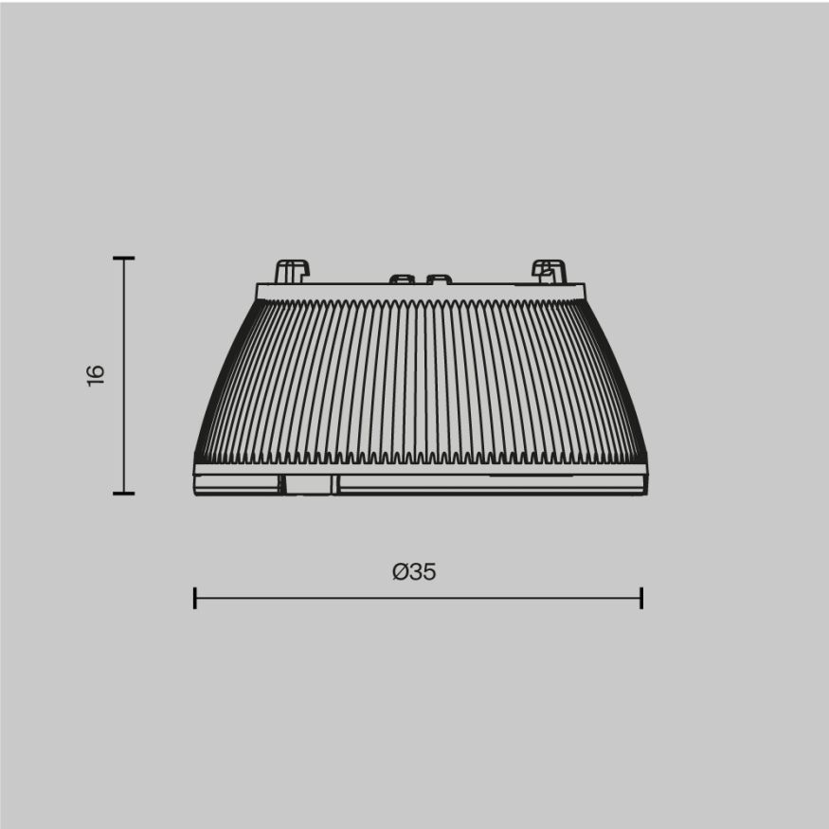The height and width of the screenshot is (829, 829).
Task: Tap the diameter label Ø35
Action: (x=414, y=572)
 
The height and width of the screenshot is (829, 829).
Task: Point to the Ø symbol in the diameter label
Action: (x=400, y=572)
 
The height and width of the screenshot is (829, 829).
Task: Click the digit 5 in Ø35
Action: (x=429, y=572)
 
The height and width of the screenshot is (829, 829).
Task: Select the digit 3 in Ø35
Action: (x=416, y=572)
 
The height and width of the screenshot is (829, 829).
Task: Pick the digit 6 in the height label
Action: (x=96, y=368)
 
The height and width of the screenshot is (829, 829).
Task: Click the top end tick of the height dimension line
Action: (x=123, y=258)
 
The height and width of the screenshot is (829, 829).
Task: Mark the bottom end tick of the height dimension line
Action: (x=123, y=493)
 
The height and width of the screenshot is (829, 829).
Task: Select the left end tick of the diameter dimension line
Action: (x=194, y=598)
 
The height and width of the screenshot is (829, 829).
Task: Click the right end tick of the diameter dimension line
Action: (x=641, y=598)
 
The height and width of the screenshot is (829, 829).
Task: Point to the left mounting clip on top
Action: (x=291, y=271)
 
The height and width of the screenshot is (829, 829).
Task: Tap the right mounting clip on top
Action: (x=549, y=271)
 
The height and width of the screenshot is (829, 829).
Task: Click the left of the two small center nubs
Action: (x=402, y=279)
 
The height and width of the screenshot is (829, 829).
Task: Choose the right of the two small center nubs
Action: (x=439, y=279)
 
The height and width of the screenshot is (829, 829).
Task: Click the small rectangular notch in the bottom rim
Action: (x=308, y=484)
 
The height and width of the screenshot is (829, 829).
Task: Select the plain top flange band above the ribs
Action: (x=421, y=292)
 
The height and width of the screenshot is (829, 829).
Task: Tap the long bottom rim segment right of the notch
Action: (x=491, y=484)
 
